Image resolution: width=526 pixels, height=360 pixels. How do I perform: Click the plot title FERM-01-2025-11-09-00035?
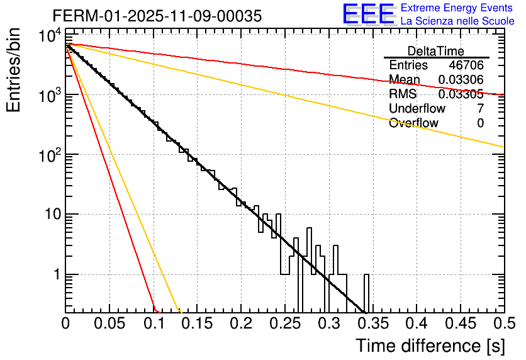(x=157, y=16)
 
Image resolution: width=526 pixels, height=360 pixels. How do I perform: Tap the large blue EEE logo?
(x=367, y=14)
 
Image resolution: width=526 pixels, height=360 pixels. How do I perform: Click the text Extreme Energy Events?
(x=457, y=8)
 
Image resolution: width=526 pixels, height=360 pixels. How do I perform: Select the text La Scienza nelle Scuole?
(x=457, y=21)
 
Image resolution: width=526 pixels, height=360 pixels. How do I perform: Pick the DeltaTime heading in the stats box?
(x=436, y=51)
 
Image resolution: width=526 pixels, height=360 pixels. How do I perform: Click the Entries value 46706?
(x=466, y=65)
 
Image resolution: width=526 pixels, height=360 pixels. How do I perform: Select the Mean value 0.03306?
(x=461, y=80)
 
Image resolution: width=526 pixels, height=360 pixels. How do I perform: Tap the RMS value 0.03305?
(x=461, y=94)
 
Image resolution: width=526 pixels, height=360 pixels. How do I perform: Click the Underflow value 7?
(x=480, y=109)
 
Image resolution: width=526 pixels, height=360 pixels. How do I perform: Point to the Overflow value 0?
(x=480, y=123)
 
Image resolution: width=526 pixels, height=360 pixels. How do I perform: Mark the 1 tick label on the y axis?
(x=55, y=275)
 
